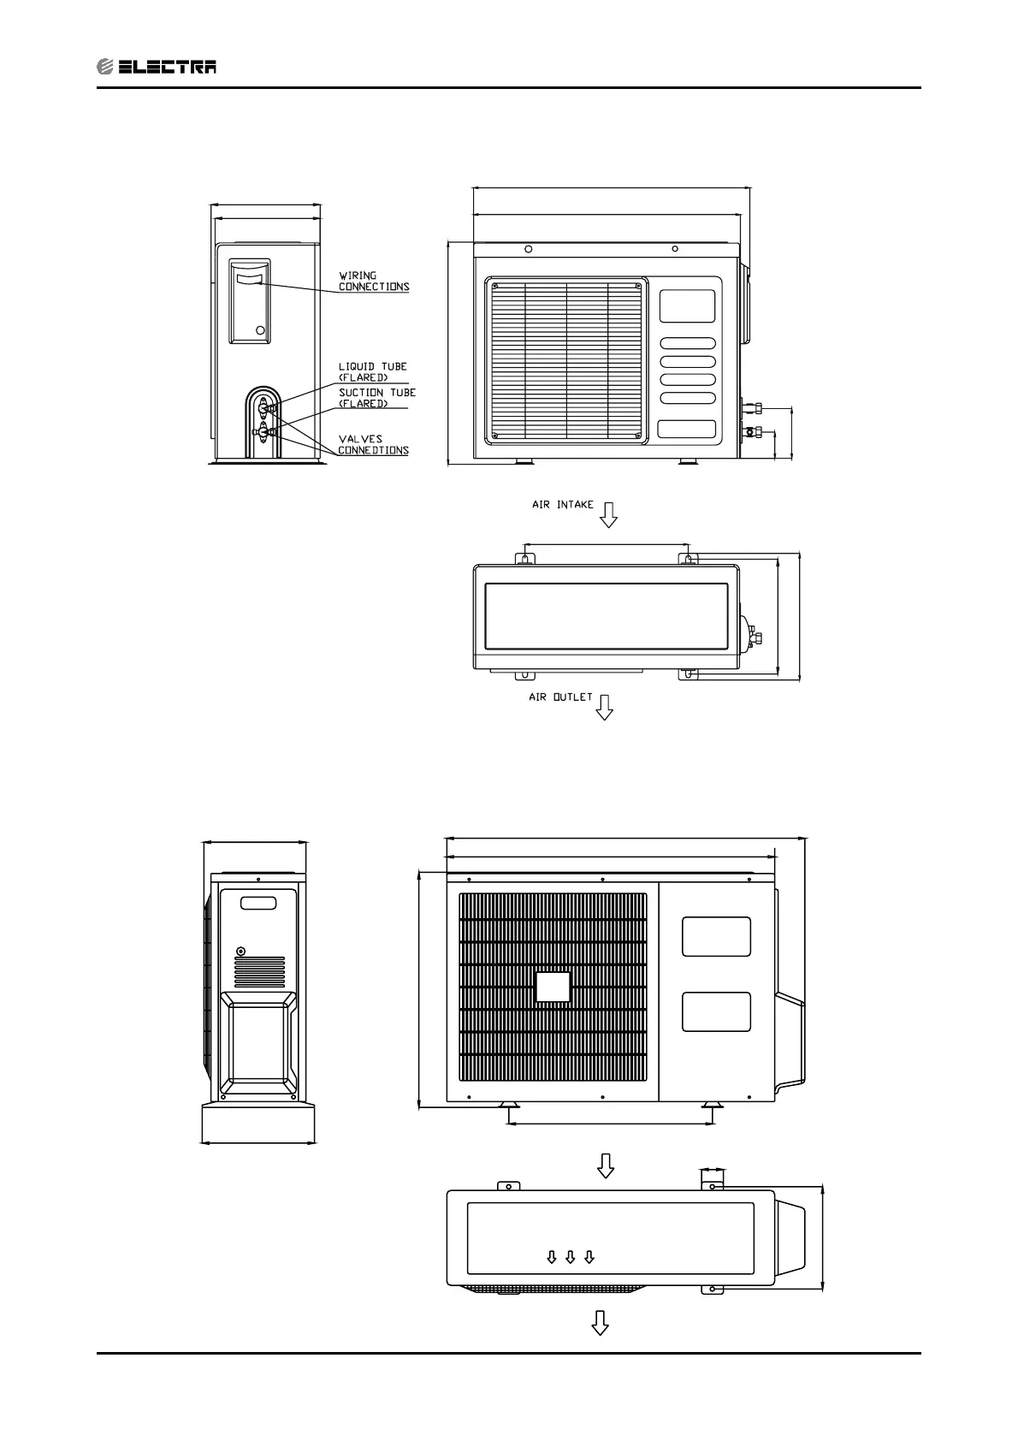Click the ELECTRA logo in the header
pos(157,67)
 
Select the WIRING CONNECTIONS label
pos(373,282)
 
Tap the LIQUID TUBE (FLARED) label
pos(372,372)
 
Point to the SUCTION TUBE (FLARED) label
pos(376,398)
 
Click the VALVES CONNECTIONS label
pos(373,445)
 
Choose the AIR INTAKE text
pos(562,505)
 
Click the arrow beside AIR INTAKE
pos(608,515)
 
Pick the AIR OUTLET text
pos(560,697)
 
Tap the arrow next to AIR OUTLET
pos(605,708)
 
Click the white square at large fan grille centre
pos(553,987)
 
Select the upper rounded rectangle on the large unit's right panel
pos(716,937)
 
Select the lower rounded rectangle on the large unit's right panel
pos(716,1011)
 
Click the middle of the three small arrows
pos(571,1257)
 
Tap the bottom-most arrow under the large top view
pos(601,1323)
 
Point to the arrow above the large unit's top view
pos(606,1165)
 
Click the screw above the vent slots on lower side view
pos(240,951)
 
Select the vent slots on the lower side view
pos(259,972)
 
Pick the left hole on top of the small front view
pos(529,249)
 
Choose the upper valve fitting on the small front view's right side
pos(752,407)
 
